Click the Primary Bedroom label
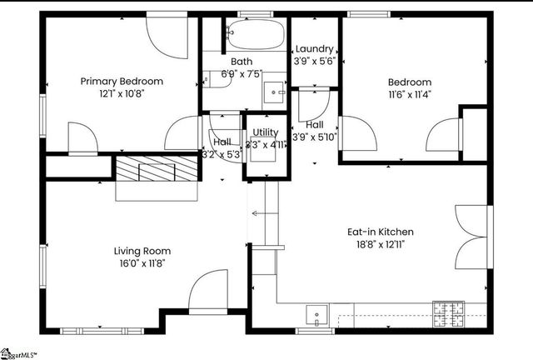coord(122,81)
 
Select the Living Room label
coord(142,250)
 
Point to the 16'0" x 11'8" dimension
coord(142,262)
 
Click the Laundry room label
coord(314,49)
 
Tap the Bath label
coord(242,61)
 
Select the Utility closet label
coord(266,132)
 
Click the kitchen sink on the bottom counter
coord(317,316)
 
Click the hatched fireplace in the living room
coord(157,170)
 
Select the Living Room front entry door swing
coord(207,292)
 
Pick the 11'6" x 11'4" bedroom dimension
coord(409,94)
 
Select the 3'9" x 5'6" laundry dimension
coord(314,61)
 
